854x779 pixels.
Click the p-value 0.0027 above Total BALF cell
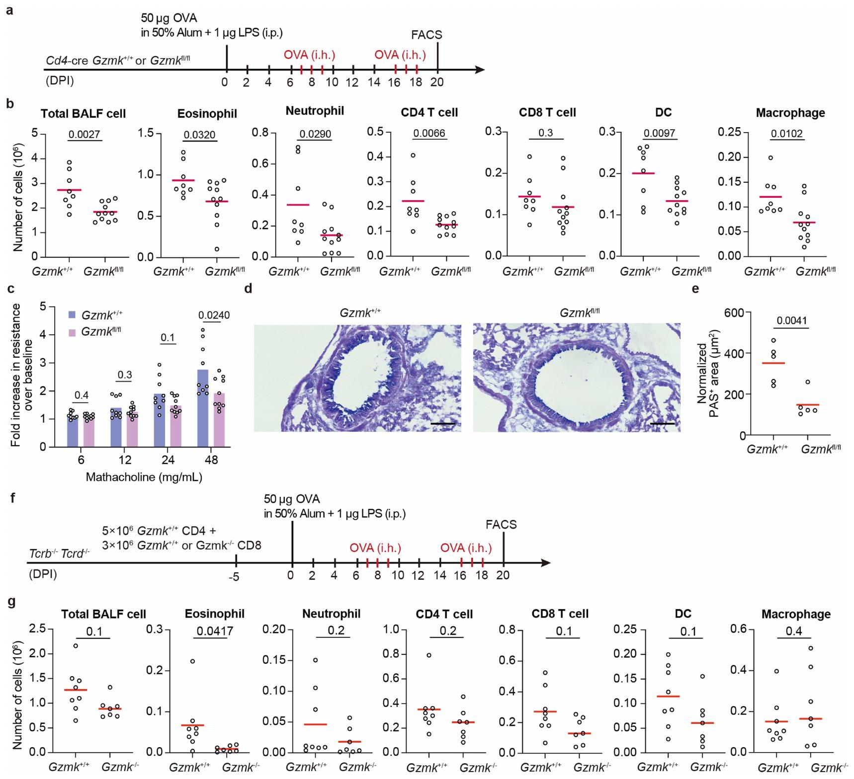click(85, 134)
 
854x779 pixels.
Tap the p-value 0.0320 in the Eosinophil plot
click(200, 135)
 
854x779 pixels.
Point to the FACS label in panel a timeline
click(427, 35)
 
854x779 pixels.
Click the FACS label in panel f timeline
click(501, 525)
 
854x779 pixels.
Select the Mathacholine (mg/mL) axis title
click(144, 477)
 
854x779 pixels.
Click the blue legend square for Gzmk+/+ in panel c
click(73, 315)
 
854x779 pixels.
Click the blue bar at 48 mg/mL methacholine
click(203, 407)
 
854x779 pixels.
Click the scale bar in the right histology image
click(662, 424)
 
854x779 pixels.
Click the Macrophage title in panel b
click(790, 113)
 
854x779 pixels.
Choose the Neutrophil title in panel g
click(331, 614)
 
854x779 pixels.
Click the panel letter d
click(249, 288)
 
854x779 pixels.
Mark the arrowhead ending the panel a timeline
click(480, 70)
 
